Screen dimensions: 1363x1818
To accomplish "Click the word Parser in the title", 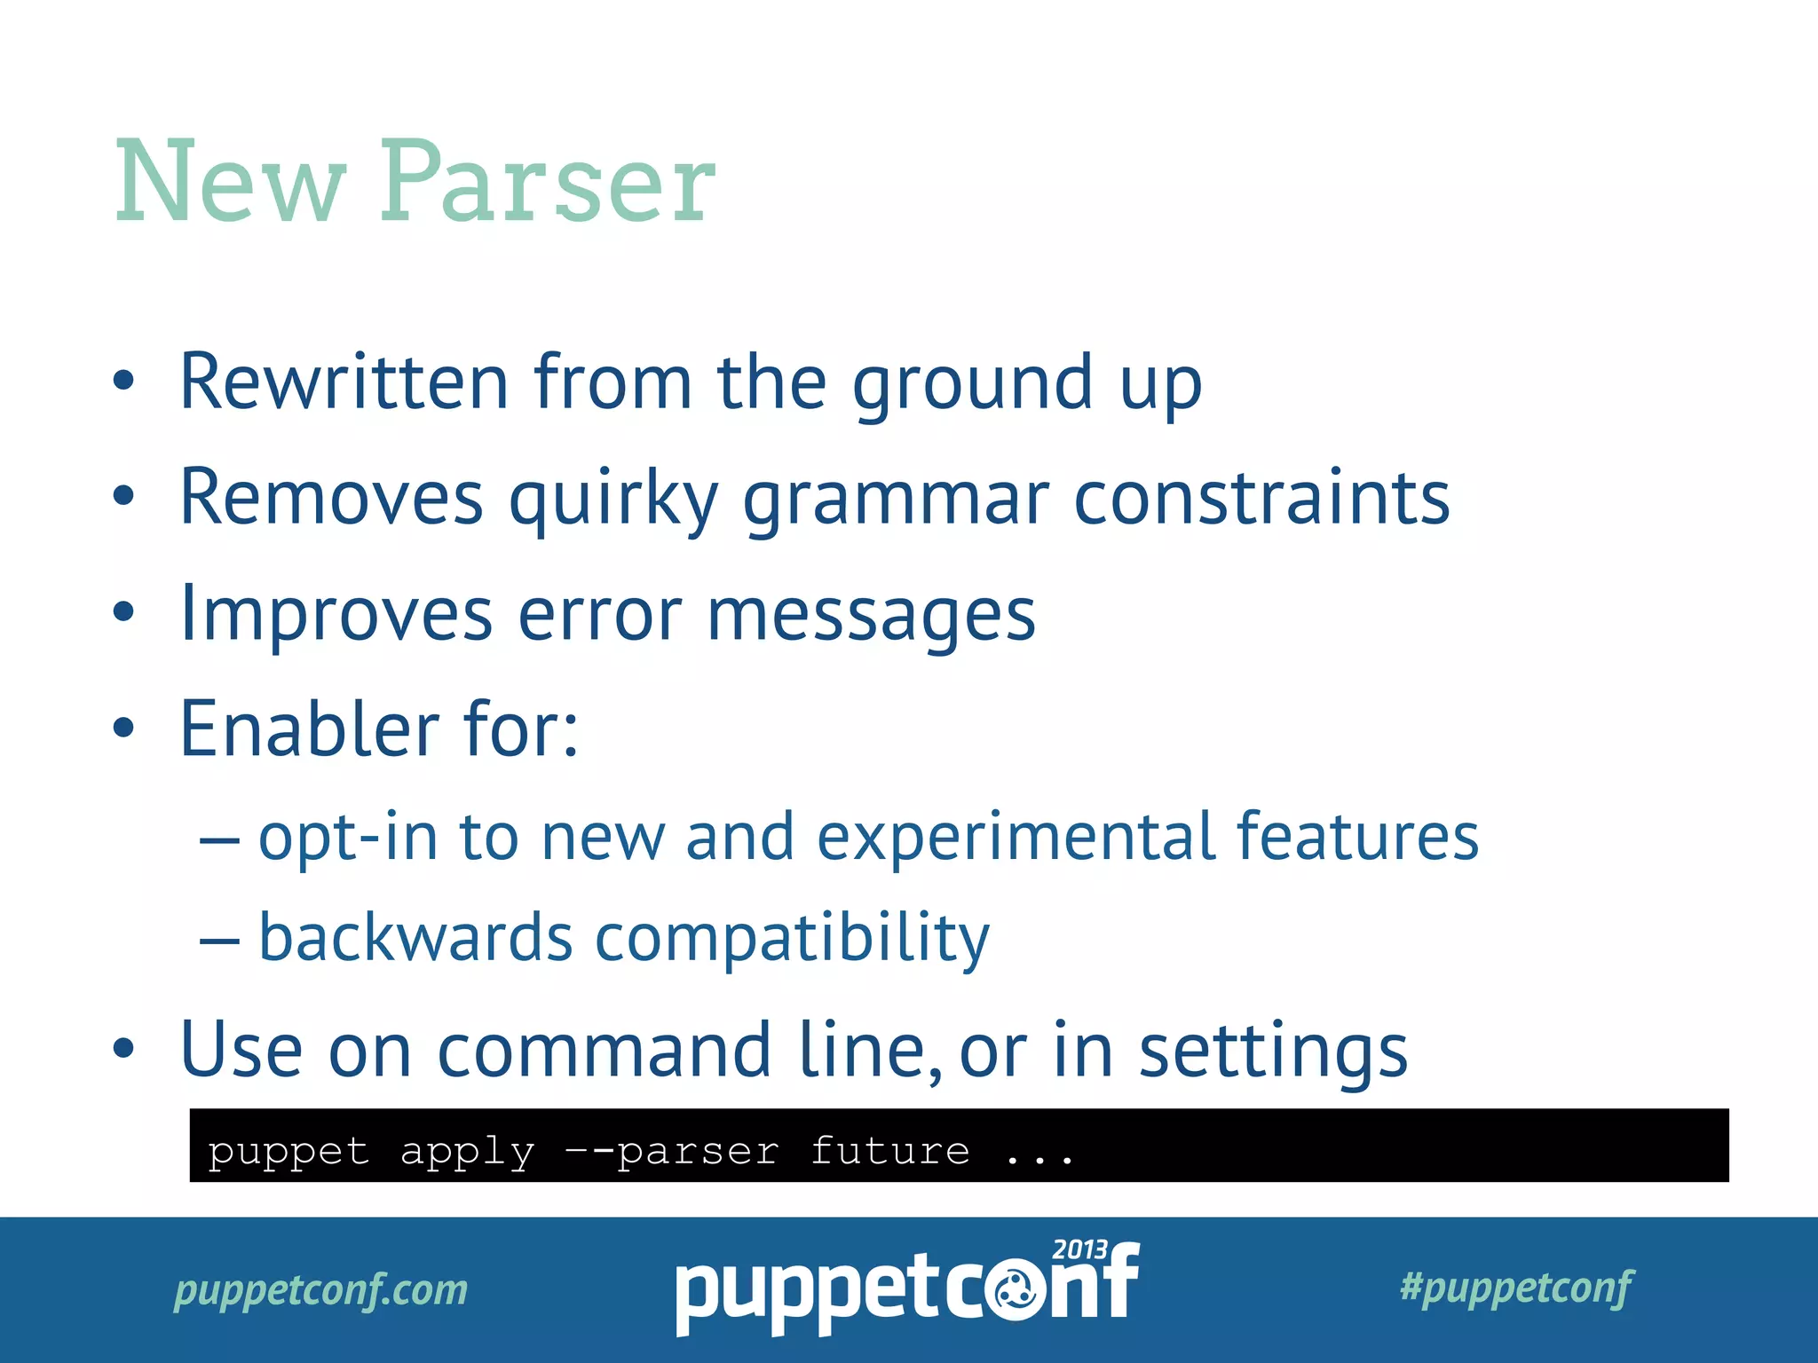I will (548, 184).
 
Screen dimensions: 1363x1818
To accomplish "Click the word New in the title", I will (229, 184).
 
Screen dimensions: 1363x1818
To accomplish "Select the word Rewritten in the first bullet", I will (344, 382).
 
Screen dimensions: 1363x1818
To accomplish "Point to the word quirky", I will (613, 500).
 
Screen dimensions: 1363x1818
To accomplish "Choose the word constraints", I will (1261, 498).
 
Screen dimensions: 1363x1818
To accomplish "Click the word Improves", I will (336, 616).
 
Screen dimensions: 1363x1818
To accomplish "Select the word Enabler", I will (310, 729).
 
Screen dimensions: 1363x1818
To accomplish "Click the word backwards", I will (415, 938).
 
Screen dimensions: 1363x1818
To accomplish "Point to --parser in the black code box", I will (672, 1152).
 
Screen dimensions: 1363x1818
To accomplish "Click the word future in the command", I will (889, 1151).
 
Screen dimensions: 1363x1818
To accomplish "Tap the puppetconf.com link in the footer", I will (320, 1289).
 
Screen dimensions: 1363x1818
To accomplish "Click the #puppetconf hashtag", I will (1515, 1288).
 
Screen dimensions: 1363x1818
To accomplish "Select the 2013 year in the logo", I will (1079, 1250).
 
